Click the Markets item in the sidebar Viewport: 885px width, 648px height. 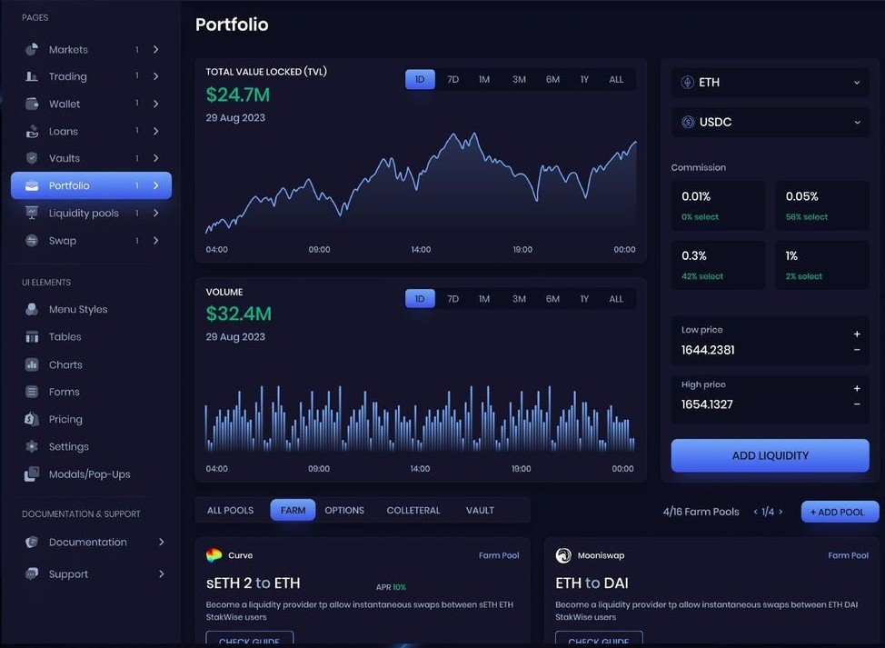coord(68,49)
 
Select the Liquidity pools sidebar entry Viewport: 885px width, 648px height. coord(84,214)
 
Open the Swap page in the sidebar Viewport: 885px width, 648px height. coord(63,241)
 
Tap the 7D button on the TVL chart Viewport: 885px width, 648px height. coord(452,80)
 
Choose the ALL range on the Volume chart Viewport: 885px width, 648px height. coord(616,299)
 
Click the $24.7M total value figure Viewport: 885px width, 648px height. coord(237,95)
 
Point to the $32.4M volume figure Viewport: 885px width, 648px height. coord(238,314)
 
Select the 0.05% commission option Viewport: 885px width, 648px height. coord(821,205)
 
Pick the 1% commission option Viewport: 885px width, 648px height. coord(821,264)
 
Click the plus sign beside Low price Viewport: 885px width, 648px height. coord(857,334)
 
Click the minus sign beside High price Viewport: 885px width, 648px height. coord(857,404)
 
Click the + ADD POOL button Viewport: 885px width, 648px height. coord(840,512)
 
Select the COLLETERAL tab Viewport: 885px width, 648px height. coord(413,511)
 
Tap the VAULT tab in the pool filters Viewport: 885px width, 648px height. coord(480,511)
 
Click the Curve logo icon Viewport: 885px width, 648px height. coord(214,555)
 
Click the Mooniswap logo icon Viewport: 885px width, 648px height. coord(563,555)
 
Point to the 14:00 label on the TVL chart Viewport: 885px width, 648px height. coord(420,249)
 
